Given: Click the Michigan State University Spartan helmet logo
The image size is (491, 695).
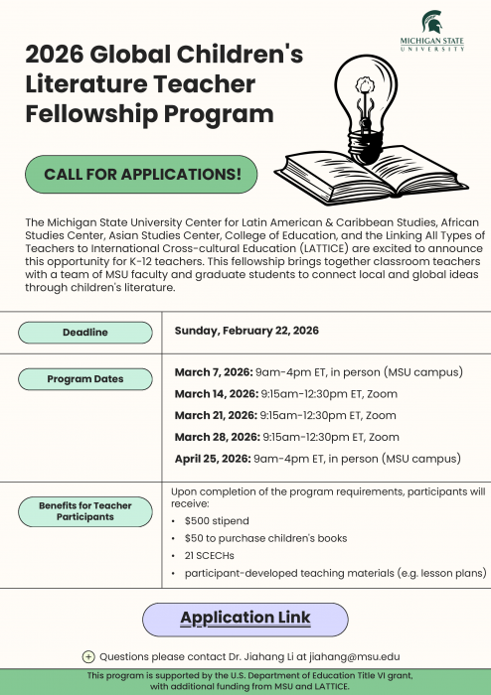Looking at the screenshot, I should tap(433, 21).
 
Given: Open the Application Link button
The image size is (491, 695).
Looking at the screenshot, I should tap(245, 618).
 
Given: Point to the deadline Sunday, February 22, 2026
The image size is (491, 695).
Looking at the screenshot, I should tap(246, 331).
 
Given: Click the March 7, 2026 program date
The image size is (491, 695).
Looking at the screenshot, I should tap(214, 373).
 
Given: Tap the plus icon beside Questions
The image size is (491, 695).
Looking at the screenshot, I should tap(88, 656).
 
